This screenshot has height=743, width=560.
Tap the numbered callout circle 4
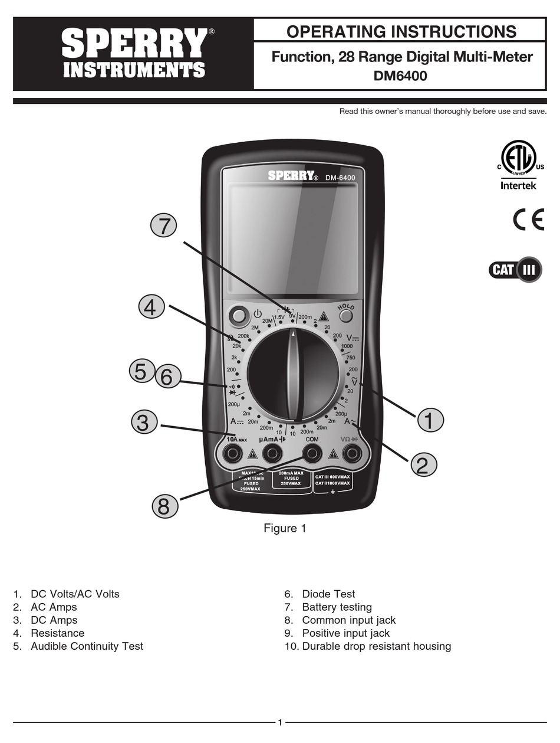tap(151, 307)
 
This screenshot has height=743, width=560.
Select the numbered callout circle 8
tap(164, 506)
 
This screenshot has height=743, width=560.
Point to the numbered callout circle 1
tap(430, 420)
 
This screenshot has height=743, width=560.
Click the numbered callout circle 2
tap(422, 464)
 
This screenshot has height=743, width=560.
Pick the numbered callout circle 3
tap(144, 423)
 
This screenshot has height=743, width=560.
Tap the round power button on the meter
tap(238, 316)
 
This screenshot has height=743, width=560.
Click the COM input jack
tap(311, 453)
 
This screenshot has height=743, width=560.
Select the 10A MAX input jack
tap(233, 453)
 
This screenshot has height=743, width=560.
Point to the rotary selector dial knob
tap(293, 375)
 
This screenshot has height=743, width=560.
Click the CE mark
tap(528, 220)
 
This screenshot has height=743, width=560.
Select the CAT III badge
tap(515, 270)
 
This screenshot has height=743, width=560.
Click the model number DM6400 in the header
tap(400, 76)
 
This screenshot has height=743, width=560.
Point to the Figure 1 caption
tap(285, 528)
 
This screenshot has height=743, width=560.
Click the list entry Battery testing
tap(337, 607)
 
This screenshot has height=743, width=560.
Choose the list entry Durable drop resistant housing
tap(376, 646)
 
